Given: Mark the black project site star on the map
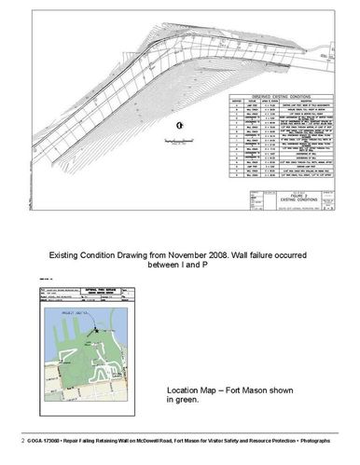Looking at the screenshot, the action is [96, 333].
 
